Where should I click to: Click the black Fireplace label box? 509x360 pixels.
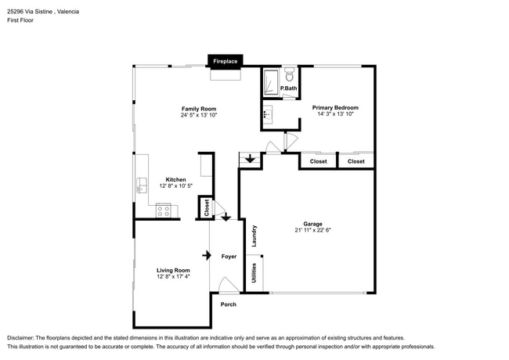(x=226, y=59)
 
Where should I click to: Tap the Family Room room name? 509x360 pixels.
(x=198, y=109)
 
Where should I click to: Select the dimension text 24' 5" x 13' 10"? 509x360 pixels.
(x=198, y=115)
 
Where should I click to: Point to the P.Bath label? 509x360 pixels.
(x=288, y=88)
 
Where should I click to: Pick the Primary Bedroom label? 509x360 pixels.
(x=335, y=107)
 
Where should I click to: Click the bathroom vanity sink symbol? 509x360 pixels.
(x=268, y=114)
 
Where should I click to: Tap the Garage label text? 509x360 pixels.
(x=313, y=224)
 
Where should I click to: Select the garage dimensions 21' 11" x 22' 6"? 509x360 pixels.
(x=313, y=230)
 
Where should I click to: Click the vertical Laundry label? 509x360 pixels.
(x=254, y=236)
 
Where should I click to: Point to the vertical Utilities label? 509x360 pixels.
(x=254, y=273)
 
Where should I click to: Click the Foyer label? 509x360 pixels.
(x=229, y=257)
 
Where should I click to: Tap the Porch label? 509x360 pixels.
(x=228, y=304)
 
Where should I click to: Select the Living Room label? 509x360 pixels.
(x=173, y=270)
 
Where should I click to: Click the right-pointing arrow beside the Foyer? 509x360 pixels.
(x=207, y=255)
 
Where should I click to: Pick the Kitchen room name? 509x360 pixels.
(x=175, y=179)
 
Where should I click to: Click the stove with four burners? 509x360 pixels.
(x=164, y=210)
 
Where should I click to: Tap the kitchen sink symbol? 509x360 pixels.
(x=143, y=185)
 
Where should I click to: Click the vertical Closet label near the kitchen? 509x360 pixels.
(x=206, y=207)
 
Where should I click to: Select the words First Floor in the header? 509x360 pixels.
(x=21, y=20)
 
